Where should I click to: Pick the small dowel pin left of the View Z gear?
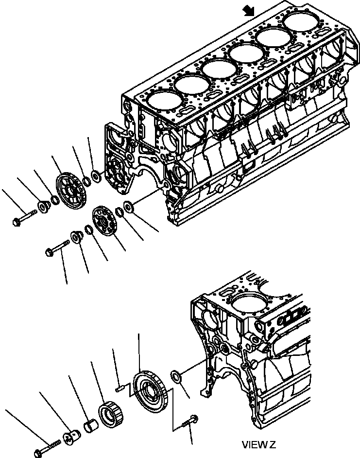[x=120, y=388]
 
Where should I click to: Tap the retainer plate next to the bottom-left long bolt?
[x=73, y=436]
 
